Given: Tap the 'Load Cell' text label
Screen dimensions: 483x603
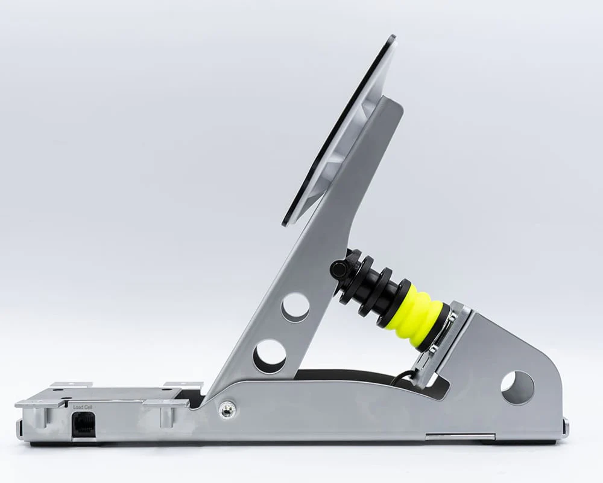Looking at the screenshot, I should pyautogui.click(x=83, y=407).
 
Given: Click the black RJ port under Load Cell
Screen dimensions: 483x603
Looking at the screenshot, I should pyautogui.click(x=83, y=424).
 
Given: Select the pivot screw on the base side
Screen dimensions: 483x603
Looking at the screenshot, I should pyautogui.click(x=227, y=410).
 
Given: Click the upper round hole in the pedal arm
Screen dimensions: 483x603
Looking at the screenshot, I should pyautogui.click(x=295, y=307).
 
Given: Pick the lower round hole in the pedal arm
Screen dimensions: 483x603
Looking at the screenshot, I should pyautogui.click(x=270, y=356).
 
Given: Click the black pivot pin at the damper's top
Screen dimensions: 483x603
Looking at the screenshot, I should pyautogui.click(x=339, y=269).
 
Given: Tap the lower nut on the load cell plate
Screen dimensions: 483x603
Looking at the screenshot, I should pyautogui.click(x=433, y=348).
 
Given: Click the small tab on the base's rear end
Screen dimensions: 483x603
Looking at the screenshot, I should pyautogui.click(x=565, y=427).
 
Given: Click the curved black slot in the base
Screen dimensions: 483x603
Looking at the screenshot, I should pyautogui.click(x=350, y=376).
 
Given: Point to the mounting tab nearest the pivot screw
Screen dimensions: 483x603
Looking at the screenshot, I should pyautogui.click(x=183, y=385).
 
